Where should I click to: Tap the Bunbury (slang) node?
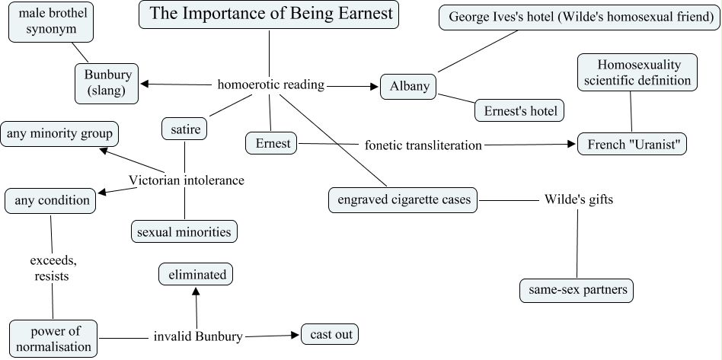pos(107,83)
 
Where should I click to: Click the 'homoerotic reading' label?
pos(270,84)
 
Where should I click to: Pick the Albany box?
pos(409,86)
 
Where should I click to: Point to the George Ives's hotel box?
pos(580,17)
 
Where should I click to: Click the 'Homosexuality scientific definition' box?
pos(638,72)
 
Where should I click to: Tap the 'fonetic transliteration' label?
pos(423,145)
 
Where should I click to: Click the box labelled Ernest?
pos(273,143)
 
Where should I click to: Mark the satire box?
pos(185,130)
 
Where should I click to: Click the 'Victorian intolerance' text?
pos(186,180)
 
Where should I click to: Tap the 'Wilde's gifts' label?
pos(578,200)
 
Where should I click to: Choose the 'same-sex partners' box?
pos(576,290)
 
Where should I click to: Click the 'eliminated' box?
pos(196,275)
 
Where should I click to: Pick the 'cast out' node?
pos(329,334)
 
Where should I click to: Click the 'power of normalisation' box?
pos(54,339)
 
